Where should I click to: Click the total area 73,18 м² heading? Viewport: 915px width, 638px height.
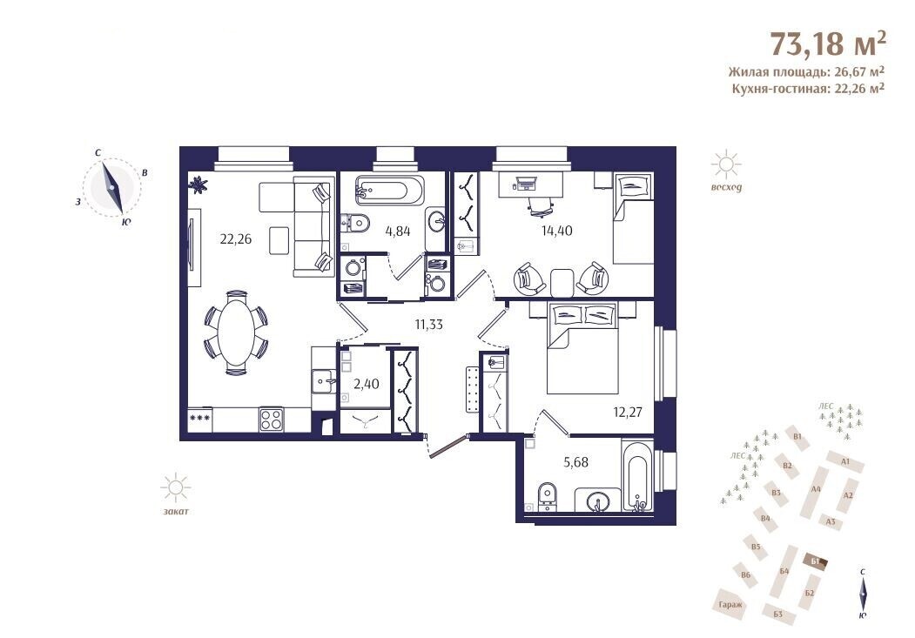click(829, 44)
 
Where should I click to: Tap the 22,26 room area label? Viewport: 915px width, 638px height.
click(236, 238)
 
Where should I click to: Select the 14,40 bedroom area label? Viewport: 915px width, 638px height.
click(556, 231)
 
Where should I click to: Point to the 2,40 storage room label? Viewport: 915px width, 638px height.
click(367, 384)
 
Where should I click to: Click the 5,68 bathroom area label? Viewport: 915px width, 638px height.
click(575, 462)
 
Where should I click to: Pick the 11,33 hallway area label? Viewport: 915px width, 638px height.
click(429, 325)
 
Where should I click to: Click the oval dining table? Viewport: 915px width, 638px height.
click(236, 332)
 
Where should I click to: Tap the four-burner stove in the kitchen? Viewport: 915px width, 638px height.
click(271, 420)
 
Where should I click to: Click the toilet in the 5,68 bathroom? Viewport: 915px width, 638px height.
click(547, 497)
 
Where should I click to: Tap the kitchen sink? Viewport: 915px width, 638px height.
click(323, 382)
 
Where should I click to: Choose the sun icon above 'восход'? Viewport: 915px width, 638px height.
click(726, 165)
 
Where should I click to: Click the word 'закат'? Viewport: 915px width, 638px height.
click(176, 512)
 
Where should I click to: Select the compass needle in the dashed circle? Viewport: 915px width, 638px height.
click(112, 188)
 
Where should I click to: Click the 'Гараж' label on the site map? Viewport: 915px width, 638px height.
click(730, 605)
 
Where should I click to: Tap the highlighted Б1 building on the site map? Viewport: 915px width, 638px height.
click(815, 561)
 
